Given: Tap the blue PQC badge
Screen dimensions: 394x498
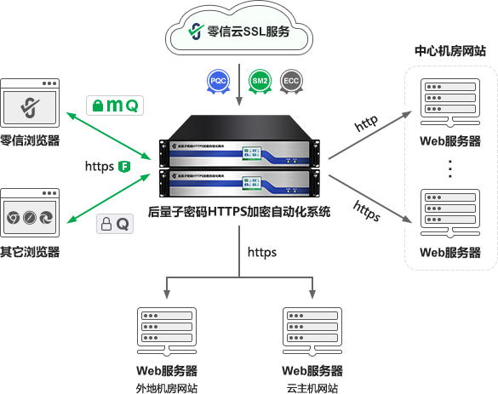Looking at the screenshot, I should pos(216,82).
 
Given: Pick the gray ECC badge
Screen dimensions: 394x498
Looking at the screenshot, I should pos(291,82).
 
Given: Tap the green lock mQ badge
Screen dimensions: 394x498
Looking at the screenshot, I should pos(115,105).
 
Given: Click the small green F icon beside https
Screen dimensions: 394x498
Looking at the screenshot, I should pos(124,165).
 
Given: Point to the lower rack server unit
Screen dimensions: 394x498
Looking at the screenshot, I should pos(240,186).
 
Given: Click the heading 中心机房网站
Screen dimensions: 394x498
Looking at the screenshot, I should pos(449,50).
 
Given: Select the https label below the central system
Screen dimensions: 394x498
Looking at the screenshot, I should pos(262,252).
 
